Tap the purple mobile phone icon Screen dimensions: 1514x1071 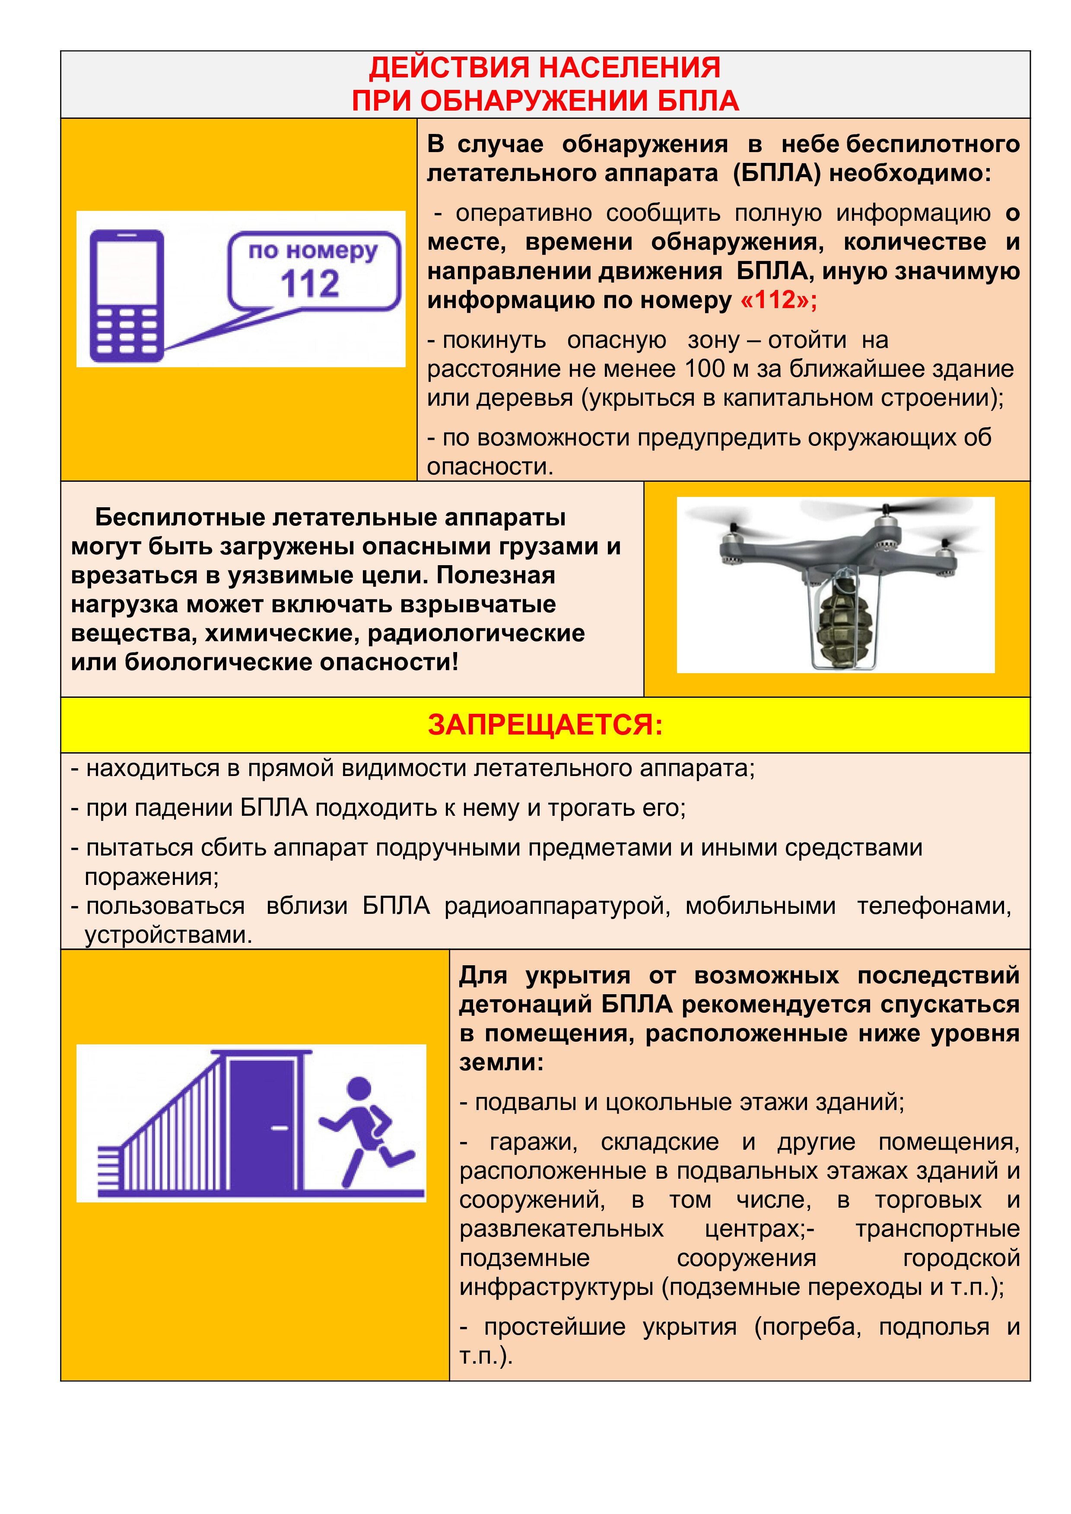[x=127, y=296]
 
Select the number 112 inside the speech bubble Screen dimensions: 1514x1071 [x=310, y=284]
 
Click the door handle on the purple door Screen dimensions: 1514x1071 [x=280, y=1128]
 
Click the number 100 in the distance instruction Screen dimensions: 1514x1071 [x=706, y=369]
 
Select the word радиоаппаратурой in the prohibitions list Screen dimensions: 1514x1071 [x=556, y=906]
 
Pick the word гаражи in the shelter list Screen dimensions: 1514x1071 [x=533, y=1142]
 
